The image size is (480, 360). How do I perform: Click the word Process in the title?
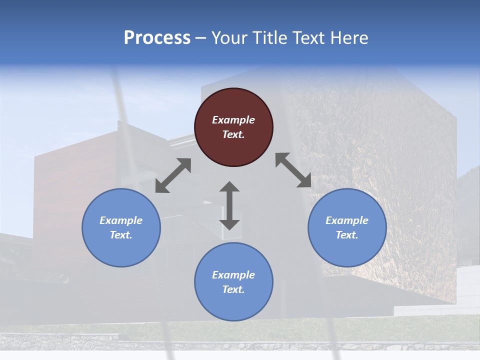click(157, 38)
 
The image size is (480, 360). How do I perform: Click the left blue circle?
click(121, 227)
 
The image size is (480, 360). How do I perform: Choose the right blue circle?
click(347, 227)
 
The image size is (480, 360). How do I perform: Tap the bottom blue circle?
click(233, 281)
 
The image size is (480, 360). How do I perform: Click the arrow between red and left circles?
click(173, 175)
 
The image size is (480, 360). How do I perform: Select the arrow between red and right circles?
click(293, 170)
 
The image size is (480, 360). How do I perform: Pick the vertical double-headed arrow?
click(229, 205)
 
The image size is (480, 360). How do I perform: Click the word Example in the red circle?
click(233, 120)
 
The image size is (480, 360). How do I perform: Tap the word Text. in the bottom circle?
click(233, 289)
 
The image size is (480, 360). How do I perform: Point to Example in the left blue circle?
click(121, 220)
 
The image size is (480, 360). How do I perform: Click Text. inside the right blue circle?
click(347, 235)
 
